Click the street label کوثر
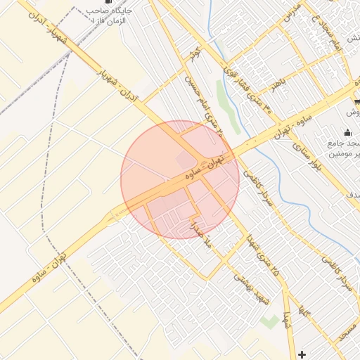(x=196, y=54)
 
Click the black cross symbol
(x=302, y=354)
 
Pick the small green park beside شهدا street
(x=269, y=321)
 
